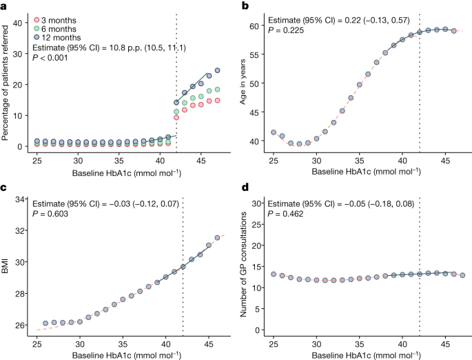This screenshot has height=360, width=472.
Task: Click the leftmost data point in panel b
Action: point(273,132)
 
